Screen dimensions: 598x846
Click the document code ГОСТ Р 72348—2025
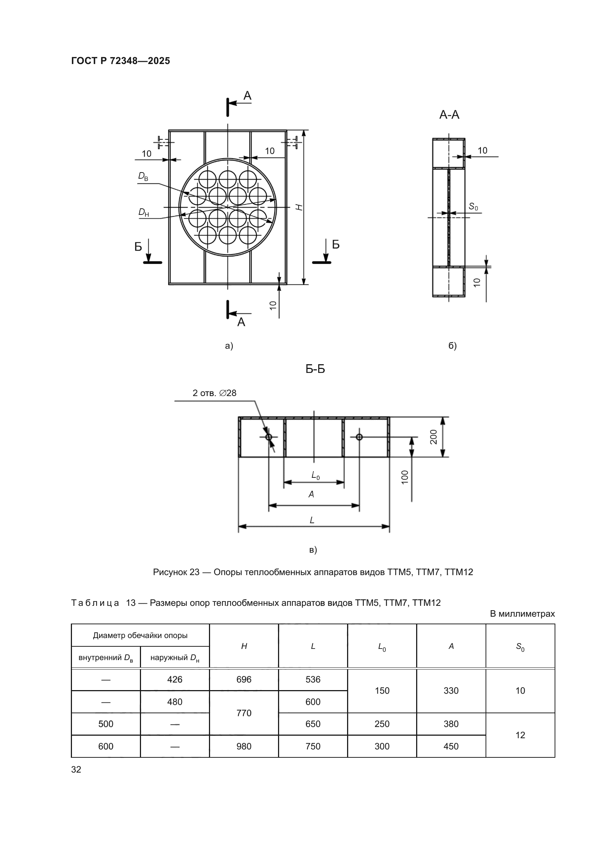[120, 61]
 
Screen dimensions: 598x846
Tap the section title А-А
[449, 115]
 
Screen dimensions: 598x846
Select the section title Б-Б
[315, 369]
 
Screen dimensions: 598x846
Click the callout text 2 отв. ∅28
[214, 393]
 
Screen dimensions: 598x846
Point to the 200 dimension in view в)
[434, 437]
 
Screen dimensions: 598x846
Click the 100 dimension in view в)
[405, 477]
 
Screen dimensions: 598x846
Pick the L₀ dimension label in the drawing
[316, 476]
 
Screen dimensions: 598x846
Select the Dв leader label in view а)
[143, 177]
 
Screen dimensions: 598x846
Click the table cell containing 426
[175, 680]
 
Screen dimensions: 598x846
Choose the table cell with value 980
[244, 746]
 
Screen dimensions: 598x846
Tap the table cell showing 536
[313, 680]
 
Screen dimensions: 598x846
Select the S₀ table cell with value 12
[520, 735]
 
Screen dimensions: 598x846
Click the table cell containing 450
[451, 746]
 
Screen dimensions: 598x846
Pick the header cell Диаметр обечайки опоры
[140, 635]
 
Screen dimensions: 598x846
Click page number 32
[76, 769]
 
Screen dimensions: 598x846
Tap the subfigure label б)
[453, 346]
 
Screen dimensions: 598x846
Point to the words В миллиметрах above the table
[522, 614]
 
